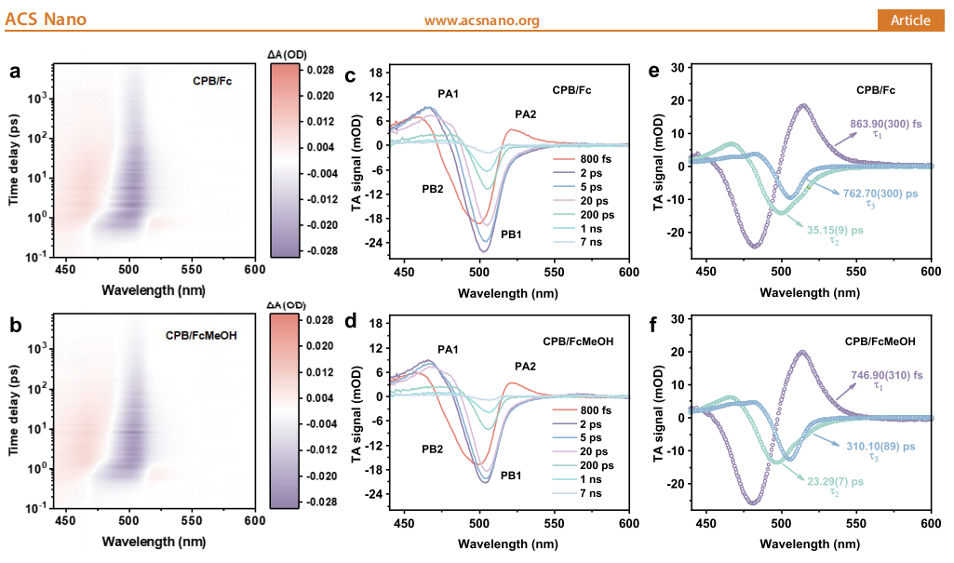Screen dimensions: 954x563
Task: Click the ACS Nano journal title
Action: tap(46, 20)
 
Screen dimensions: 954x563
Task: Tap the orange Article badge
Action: tap(910, 20)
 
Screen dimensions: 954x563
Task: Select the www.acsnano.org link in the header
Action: tap(482, 20)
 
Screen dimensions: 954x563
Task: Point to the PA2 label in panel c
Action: tap(526, 114)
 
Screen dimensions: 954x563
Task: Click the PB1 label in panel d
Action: tap(511, 476)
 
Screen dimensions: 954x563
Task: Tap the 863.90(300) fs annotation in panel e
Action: tap(886, 124)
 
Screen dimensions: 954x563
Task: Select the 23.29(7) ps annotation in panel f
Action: tap(836, 481)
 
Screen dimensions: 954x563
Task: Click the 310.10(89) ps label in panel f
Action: tap(880, 447)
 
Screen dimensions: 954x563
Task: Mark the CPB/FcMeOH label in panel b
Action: tap(201, 335)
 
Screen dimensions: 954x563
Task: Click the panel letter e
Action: tap(654, 71)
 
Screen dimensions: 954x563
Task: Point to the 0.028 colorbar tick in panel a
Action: tap(320, 70)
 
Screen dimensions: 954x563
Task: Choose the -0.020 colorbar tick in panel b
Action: tap(319, 476)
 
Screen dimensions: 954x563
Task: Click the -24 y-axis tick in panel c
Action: tap(373, 243)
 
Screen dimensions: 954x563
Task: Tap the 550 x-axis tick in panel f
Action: tap(856, 523)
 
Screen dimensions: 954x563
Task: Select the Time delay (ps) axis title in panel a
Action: tap(13, 160)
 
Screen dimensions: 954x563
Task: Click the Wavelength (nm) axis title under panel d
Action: tap(508, 543)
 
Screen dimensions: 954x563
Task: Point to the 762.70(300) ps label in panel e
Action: tap(880, 194)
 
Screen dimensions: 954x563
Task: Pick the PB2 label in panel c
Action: tap(433, 189)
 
